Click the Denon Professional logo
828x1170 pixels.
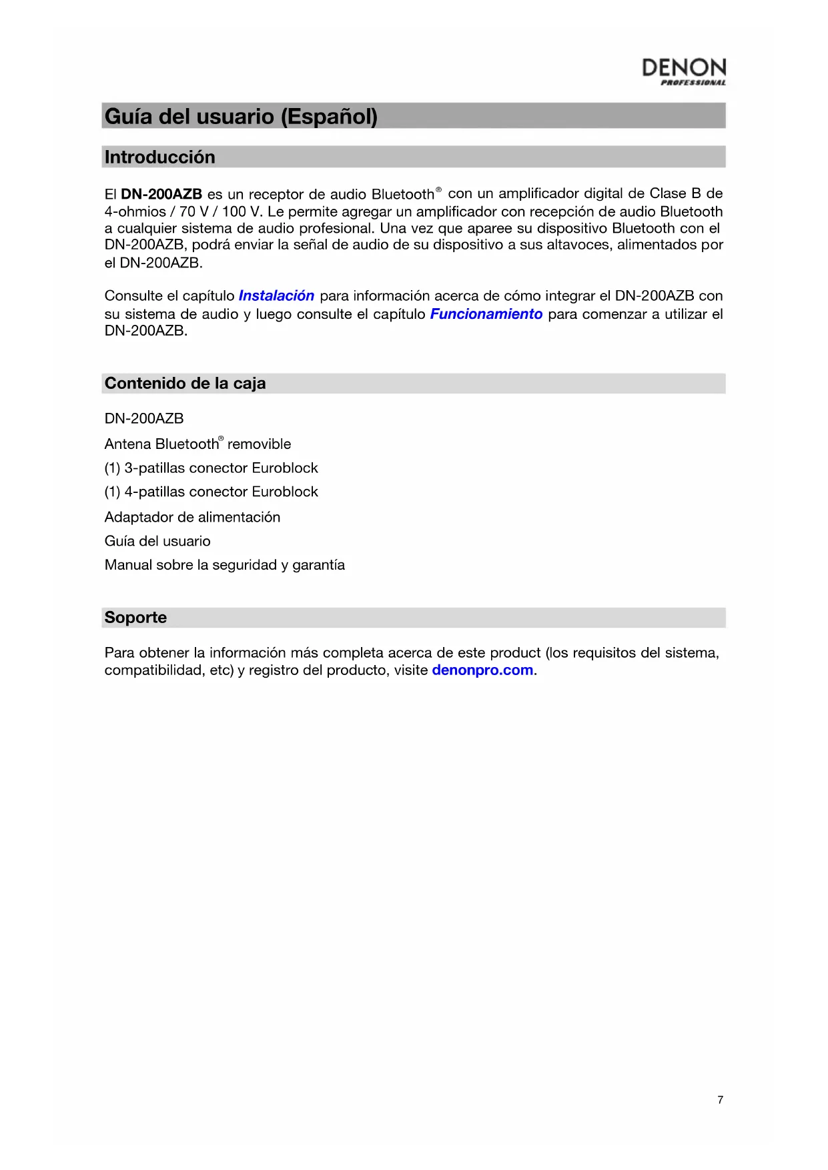pyautogui.click(x=683, y=71)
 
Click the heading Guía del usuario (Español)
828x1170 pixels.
pyautogui.click(x=241, y=117)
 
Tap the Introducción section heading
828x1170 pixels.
pyautogui.click(x=159, y=157)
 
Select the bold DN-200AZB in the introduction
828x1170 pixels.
pyautogui.click(x=161, y=194)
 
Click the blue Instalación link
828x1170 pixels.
pyautogui.click(x=276, y=296)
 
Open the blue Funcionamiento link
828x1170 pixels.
pyautogui.click(x=486, y=314)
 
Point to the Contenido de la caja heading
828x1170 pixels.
pyautogui.click(x=185, y=384)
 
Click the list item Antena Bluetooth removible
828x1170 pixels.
pyautogui.click(x=197, y=444)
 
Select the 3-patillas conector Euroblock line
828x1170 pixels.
pyautogui.click(x=211, y=468)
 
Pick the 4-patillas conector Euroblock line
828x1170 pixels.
pyautogui.click(x=211, y=492)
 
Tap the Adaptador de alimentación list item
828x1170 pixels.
pyautogui.click(x=192, y=517)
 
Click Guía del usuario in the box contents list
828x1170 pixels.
pyautogui.click(x=157, y=541)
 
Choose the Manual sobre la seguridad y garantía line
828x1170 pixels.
pyautogui.click(x=224, y=565)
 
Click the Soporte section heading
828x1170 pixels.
pyautogui.click(x=135, y=618)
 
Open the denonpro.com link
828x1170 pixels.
pyautogui.click(x=482, y=670)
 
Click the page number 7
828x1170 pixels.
pyautogui.click(x=720, y=1100)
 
